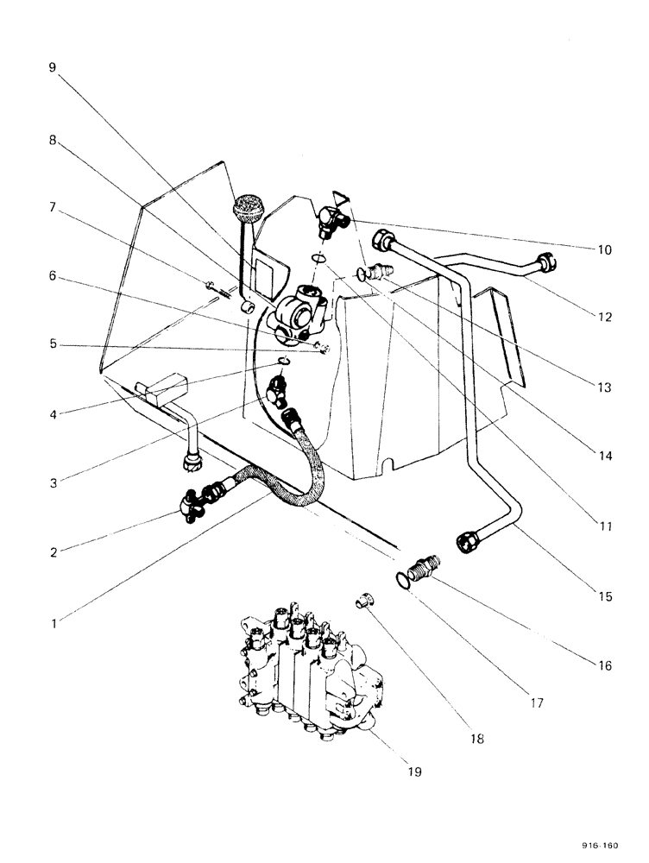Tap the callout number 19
point(415,772)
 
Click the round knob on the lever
point(247,211)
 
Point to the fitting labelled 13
point(375,274)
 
